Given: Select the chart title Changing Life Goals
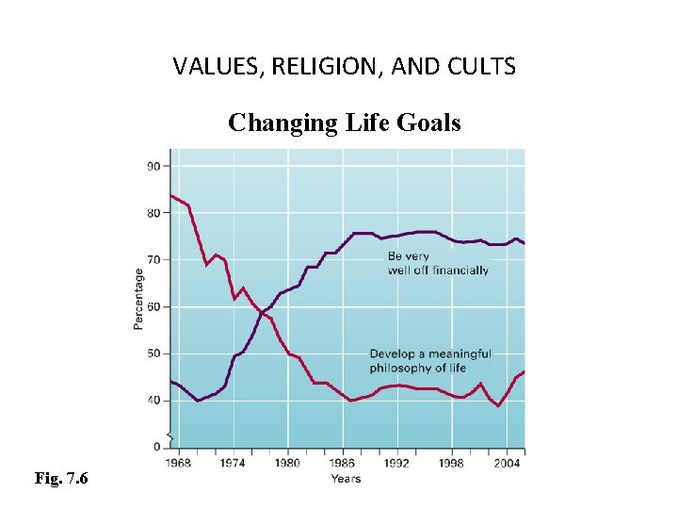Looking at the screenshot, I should (x=345, y=123).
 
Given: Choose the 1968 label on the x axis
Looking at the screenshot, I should (x=177, y=463).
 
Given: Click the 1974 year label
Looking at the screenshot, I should (x=232, y=463).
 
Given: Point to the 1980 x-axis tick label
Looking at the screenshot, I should (x=287, y=463).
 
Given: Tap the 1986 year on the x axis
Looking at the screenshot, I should (x=342, y=463).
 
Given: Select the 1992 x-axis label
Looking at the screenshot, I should (x=396, y=463).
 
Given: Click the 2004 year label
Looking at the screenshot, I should (x=507, y=463).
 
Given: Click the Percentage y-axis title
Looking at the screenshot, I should (x=138, y=299).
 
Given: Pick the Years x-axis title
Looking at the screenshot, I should (x=346, y=479).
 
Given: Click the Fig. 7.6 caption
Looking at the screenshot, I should (x=61, y=479).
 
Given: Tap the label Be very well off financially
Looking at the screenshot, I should (x=438, y=263).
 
